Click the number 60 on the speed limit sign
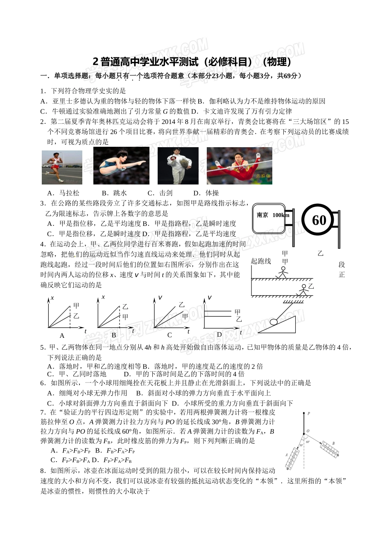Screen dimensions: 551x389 (x=319, y=220)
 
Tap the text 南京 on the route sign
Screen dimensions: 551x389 (x=262, y=215)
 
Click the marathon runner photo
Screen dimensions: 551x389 (x=62, y=167)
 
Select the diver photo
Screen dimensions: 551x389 (x=121, y=166)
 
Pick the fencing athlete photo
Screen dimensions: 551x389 (x=178, y=166)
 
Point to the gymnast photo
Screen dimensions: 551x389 (x=239, y=166)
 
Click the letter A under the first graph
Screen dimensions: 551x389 (x=62, y=336)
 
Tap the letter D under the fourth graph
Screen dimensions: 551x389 (x=219, y=335)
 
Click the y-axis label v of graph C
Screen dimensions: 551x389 (x=160, y=297)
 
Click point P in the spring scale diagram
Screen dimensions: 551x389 (x=308, y=414)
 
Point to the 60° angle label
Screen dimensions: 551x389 (x=308, y=442)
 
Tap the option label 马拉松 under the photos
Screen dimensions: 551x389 (x=69, y=193)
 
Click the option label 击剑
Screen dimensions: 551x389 (x=166, y=193)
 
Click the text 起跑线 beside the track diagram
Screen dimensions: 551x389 (x=261, y=261)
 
